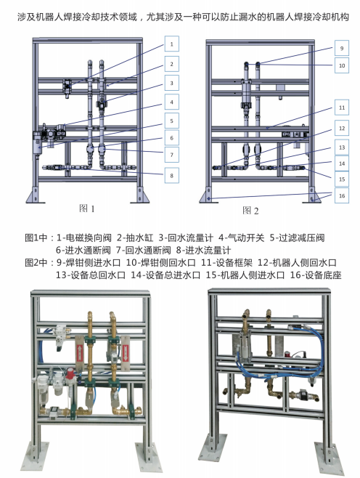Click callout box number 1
[x=171, y=44]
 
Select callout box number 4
[x=171, y=102]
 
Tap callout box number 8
[x=171, y=175]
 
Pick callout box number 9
[x=342, y=48]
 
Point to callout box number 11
[x=342, y=108]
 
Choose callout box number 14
[x=342, y=163]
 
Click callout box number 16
[x=342, y=195]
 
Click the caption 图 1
[x=87, y=208]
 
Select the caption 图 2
[x=250, y=211]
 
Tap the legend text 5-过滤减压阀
[x=297, y=238]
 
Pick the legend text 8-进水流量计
[x=203, y=251]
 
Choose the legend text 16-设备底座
[x=316, y=275]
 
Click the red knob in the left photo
[x=70, y=371]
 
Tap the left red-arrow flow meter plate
[x=79, y=352]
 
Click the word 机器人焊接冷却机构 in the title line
[x=308, y=17]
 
